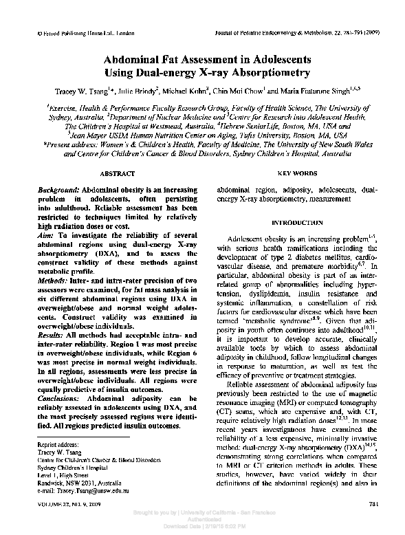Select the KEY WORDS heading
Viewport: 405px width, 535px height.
pyautogui.click(x=296, y=175)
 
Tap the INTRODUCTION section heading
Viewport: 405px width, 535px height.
pyautogui.click(x=296, y=223)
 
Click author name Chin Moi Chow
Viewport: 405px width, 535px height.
pyautogui.click(x=233, y=90)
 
